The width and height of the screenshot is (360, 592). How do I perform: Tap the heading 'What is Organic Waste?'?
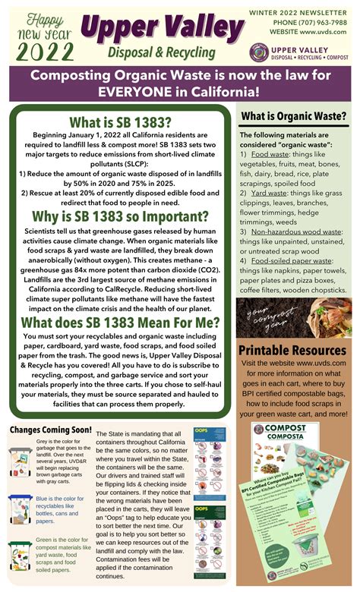[294, 116]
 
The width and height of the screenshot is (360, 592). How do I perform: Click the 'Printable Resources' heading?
[293, 350]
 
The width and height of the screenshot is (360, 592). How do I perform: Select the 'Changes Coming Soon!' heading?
[50, 430]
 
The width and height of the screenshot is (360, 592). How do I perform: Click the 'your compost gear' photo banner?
[293, 318]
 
